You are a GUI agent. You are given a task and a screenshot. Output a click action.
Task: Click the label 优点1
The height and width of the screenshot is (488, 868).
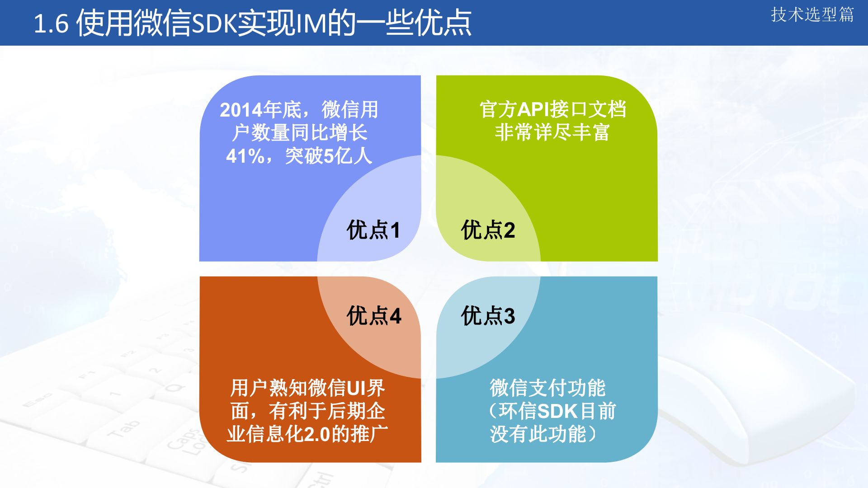[373, 230]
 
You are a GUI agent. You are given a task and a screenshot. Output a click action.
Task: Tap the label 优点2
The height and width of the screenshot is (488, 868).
[488, 230]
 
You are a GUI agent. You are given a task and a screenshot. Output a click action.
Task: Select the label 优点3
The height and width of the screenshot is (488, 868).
[488, 315]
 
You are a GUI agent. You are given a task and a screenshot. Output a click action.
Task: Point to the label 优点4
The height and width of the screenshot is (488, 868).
[373, 315]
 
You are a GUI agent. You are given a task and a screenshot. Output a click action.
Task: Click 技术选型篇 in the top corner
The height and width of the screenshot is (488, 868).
[812, 15]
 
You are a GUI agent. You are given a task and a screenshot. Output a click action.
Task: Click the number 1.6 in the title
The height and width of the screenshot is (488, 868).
[51, 24]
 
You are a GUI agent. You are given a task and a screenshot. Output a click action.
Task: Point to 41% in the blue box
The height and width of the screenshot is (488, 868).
[245, 156]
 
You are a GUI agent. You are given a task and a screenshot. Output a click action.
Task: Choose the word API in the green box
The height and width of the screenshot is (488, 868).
[533, 110]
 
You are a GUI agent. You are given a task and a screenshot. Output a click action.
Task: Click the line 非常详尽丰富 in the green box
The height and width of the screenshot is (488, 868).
[552, 133]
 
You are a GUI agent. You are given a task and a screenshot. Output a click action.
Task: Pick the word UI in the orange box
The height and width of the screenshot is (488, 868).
[356, 388]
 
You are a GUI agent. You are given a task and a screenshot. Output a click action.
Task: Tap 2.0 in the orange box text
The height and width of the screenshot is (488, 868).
[317, 435]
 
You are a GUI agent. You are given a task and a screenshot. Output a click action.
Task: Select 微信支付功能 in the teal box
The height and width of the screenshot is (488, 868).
[547, 388]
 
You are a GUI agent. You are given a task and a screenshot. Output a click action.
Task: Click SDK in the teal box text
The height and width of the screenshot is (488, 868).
[557, 412]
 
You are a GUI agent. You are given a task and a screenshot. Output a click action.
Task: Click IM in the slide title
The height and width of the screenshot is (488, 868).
[311, 24]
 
